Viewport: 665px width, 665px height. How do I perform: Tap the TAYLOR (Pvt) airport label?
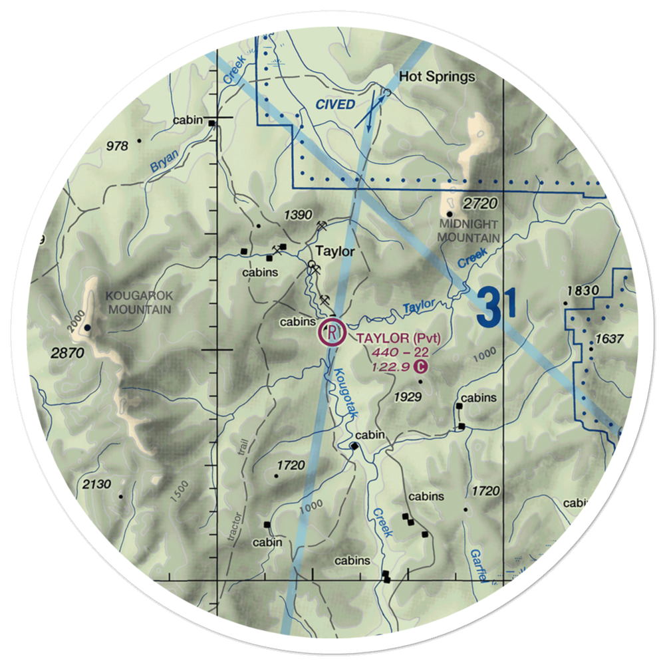tap(398, 338)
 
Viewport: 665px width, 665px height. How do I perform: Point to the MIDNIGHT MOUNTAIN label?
tap(468, 232)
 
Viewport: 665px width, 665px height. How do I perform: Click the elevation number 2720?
tap(481, 204)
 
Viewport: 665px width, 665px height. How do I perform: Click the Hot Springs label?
tap(437, 77)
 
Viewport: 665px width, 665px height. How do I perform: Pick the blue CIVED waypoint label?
tap(335, 104)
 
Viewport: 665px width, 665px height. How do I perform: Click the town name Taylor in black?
tap(335, 252)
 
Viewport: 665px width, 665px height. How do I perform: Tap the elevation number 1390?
tap(297, 215)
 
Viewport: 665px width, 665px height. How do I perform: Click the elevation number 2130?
tap(97, 485)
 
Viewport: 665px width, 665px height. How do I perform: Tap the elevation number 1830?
tap(583, 291)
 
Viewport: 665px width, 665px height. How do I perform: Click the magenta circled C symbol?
tap(420, 366)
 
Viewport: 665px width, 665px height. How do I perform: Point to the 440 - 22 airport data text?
tap(400, 352)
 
